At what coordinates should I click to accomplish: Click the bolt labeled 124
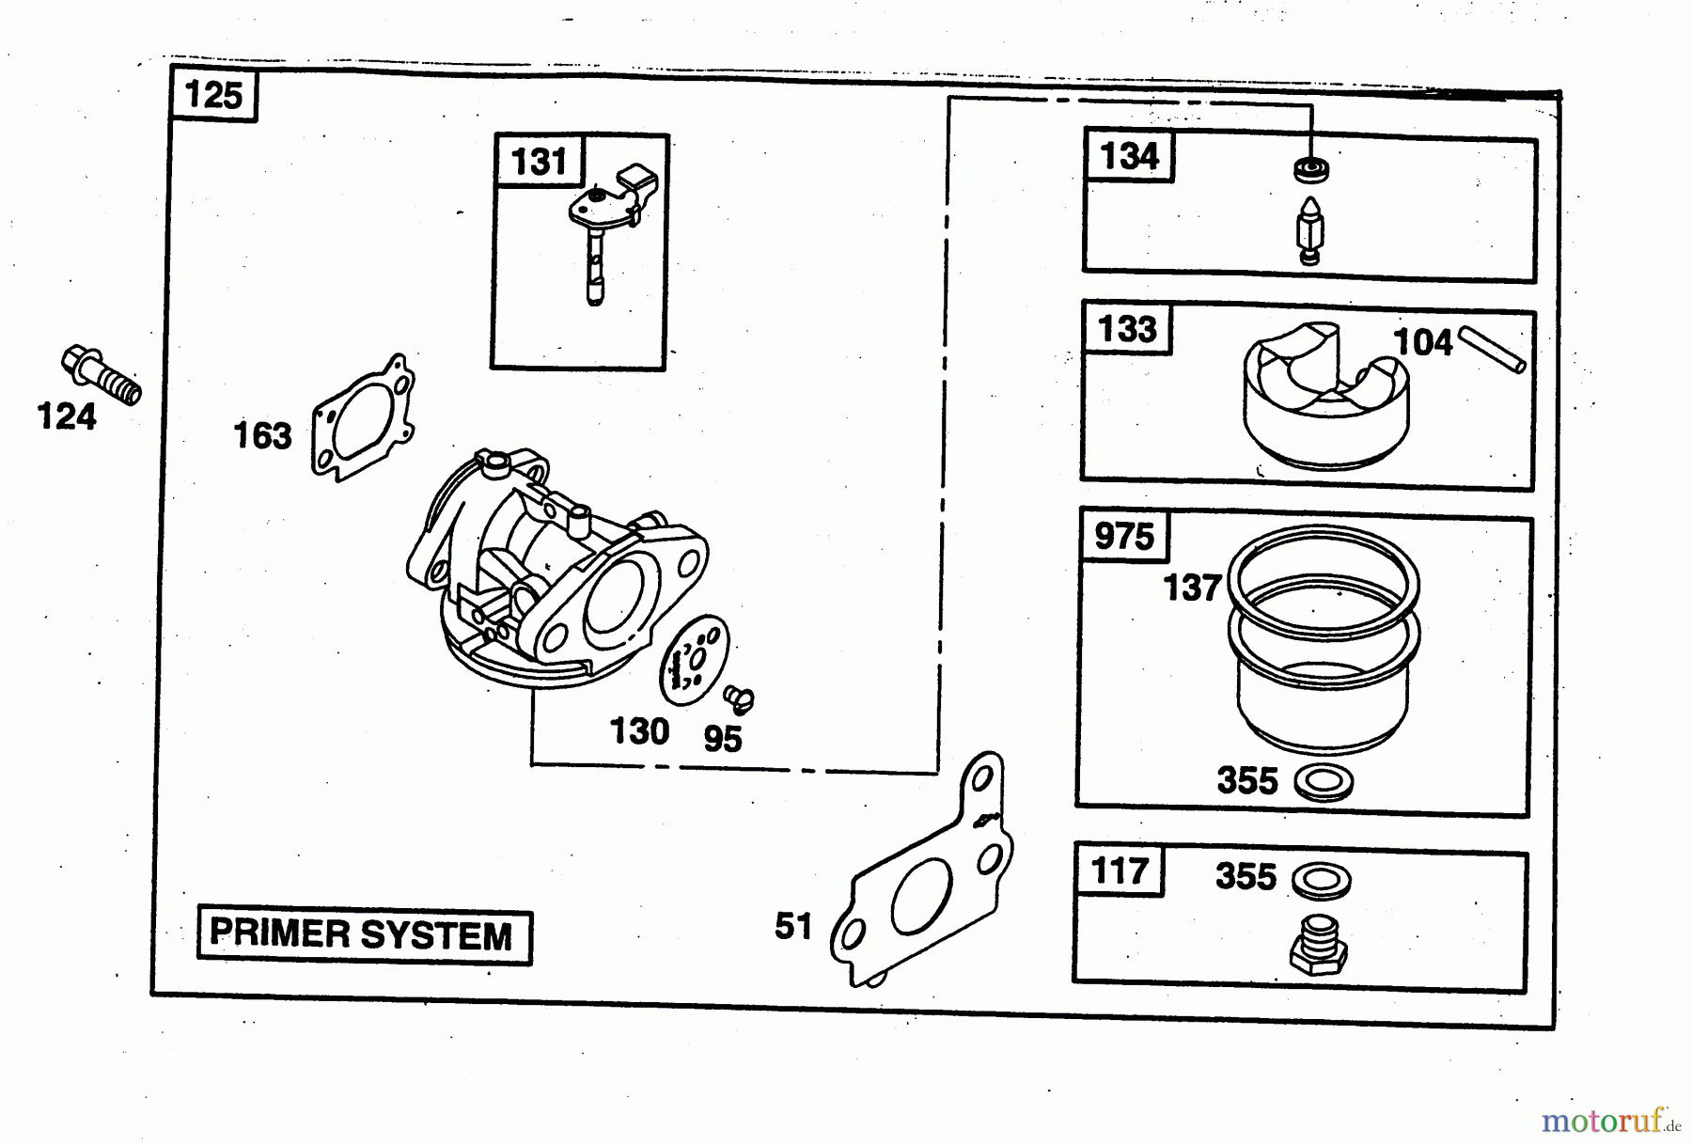coord(101,375)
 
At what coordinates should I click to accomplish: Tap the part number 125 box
coord(213,95)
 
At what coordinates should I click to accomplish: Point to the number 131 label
coord(539,161)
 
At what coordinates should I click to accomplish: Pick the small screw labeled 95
coord(740,698)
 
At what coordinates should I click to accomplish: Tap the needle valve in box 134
coord(1308,230)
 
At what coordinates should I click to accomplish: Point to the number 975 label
coord(1123,536)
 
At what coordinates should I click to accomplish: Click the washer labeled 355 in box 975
coord(1324,782)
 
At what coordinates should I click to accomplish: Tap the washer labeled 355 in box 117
coord(1324,879)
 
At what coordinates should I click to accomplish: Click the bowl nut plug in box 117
coord(1319,945)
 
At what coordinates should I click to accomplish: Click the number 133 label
coord(1127,329)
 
